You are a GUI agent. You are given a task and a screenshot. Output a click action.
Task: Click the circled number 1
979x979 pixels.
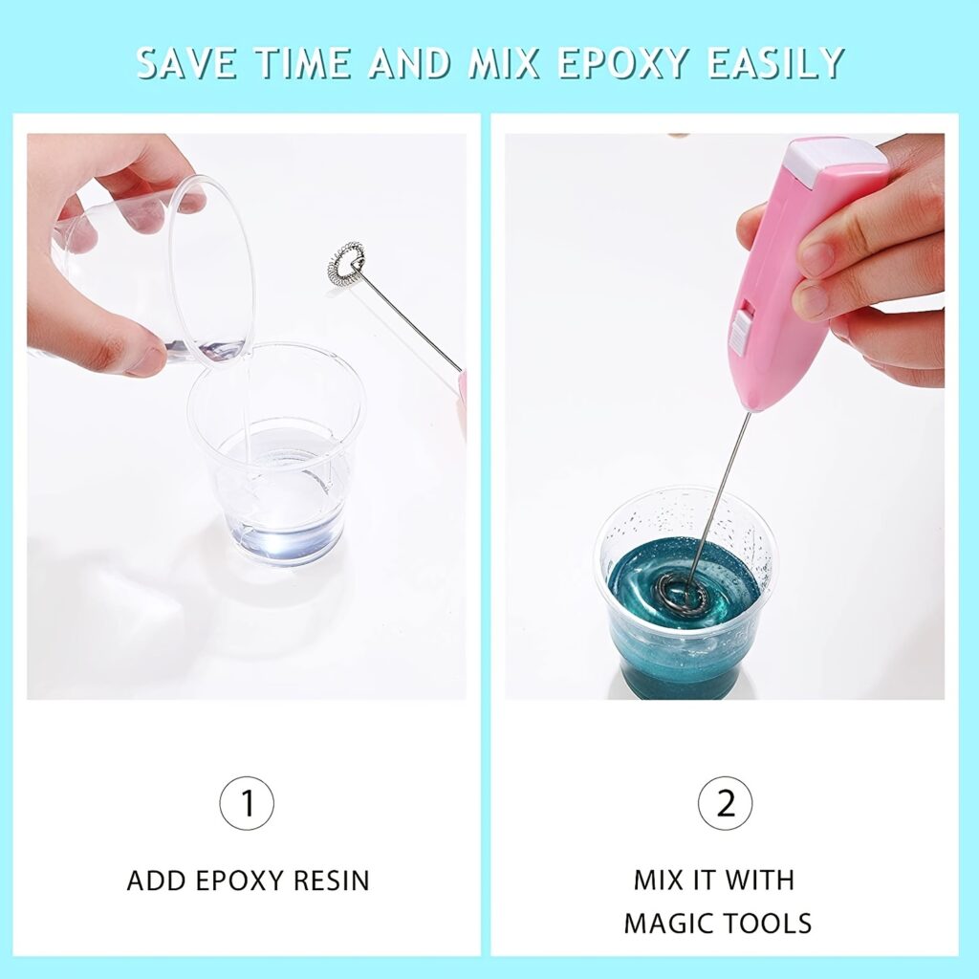click(247, 803)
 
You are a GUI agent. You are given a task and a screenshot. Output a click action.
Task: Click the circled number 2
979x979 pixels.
click(726, 803)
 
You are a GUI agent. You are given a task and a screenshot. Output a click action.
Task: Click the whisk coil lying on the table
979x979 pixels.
click(345, 262)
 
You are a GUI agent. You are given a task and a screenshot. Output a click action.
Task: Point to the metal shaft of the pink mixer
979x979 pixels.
click(725, 478)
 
